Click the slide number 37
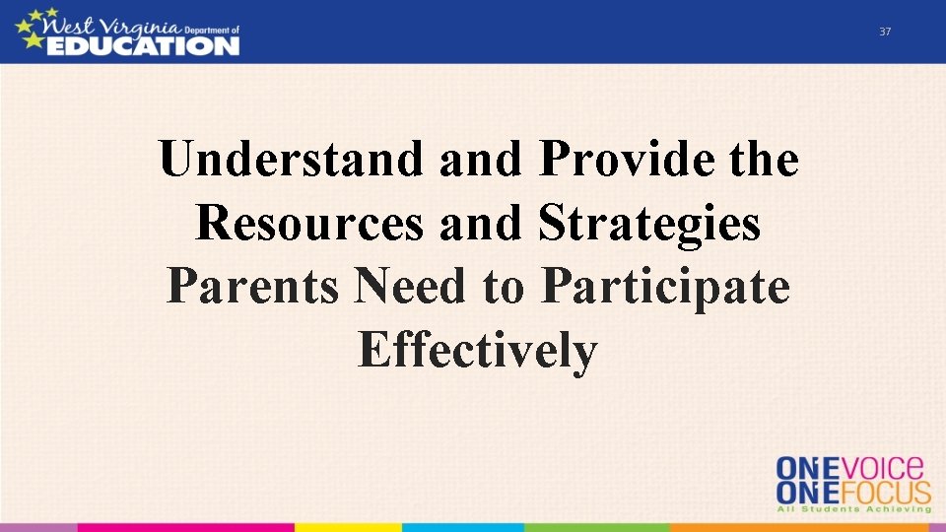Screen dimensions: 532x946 (x=884, y=33)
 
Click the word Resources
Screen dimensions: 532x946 (x=308, y=223)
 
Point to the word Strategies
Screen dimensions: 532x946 (x=649, y=225)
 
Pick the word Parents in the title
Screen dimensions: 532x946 (x=253, y=287)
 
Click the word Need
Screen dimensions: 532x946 (x=412, y=287)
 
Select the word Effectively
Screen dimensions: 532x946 (x=478, y=351)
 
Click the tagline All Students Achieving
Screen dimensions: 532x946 (x=853, y=509)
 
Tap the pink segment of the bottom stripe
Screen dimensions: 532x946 (x=39, y=527)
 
